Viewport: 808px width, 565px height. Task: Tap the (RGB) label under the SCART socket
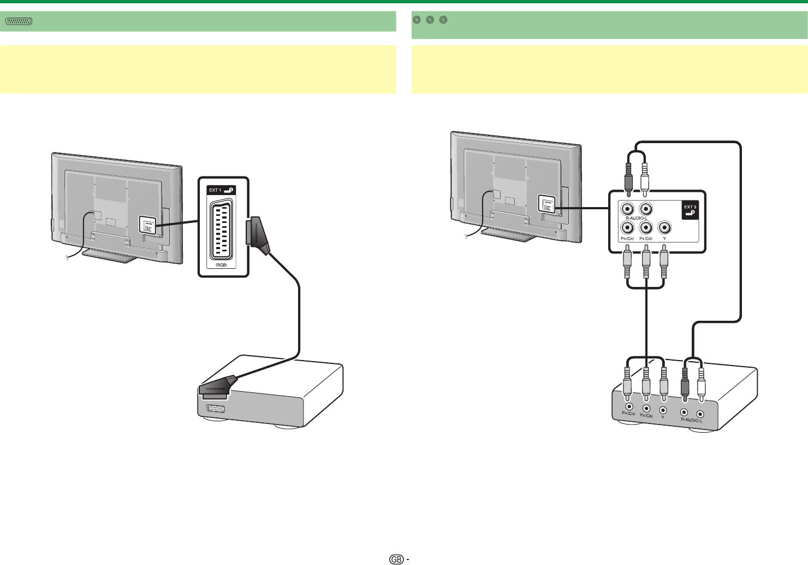click(x=222, y=265)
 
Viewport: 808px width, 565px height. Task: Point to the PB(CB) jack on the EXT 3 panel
click(x=646, y=227)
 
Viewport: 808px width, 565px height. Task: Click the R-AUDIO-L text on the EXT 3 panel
click(x=637, y=218)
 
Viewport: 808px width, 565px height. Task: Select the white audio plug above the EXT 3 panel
click(x=645, y=178)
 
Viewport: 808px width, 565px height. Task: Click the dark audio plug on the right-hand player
click(x=685, y=386)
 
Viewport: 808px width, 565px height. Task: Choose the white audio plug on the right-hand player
click(x=702, y=386)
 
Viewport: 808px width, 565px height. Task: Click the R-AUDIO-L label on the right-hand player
click(x=692, y=420)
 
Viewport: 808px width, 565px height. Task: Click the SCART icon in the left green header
click(x=19, y=21)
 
